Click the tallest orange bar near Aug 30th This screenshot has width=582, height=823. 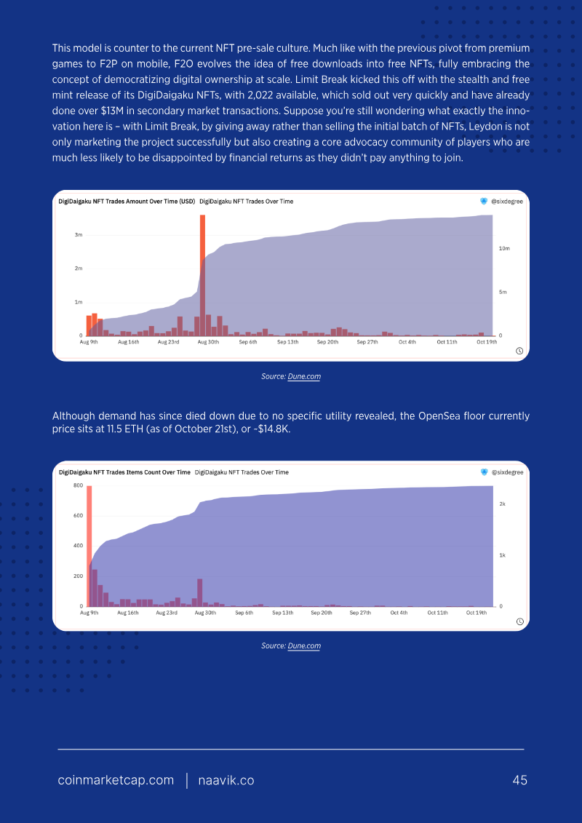tap(202, 275)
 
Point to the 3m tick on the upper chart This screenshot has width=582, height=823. tap(78, 235)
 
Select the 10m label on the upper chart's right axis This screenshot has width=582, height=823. tap(503, 248)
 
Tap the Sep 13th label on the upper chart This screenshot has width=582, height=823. tap(287, 342)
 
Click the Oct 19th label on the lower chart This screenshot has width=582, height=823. tap(477, 613)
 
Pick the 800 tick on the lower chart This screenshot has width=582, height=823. tap(78, 485)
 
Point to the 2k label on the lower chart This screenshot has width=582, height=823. tap(502, 504)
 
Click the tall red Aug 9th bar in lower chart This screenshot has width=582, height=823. tap(89, 546)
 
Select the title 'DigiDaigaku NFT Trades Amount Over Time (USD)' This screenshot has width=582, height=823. tap(127, 201)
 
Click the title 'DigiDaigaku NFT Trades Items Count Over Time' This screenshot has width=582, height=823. tap(124, 472)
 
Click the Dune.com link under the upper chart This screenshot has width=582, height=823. tap(304, 376)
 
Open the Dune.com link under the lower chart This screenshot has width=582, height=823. tap(304, 645)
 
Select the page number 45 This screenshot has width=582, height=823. tap(519, 781)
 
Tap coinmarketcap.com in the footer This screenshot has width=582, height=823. tap(116, 781)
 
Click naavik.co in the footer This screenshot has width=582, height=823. tap(226, 781)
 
